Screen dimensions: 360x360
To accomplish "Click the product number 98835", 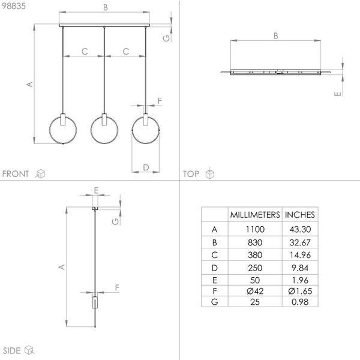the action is [14, 6].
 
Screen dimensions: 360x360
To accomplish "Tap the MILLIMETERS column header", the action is [255, 215].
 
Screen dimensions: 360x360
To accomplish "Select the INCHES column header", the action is [300, 215].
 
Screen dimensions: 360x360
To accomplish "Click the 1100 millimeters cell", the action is [255, 229].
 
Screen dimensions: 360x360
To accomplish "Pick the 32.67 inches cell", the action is [300, 242].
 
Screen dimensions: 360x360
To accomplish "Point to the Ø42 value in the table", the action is [255, 291].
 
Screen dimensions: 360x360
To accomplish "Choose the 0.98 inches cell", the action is [300, 302].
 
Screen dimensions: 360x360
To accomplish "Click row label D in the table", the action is [214, 268].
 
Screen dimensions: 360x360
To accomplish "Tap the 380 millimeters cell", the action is [255, 255].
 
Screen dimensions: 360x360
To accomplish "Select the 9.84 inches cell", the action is [300, 268].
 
